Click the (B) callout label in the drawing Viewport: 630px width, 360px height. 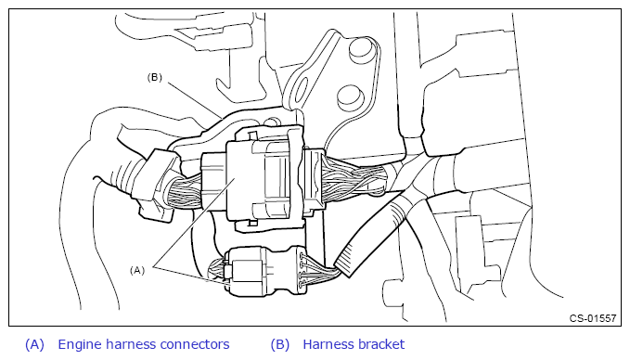(x=155, y=78)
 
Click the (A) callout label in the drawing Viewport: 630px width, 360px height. (x=137, y=270)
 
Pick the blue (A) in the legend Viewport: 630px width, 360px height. (x=35, y=344)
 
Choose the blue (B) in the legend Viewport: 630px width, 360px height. (x=280, y=344)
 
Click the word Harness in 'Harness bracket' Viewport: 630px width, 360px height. (x=328, y=344)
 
